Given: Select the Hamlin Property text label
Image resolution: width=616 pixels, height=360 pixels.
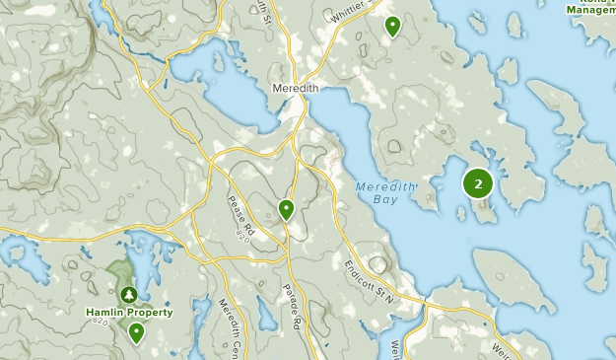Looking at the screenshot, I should tap(129, 313).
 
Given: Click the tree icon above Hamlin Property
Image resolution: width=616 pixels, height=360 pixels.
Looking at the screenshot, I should tap(129, 294).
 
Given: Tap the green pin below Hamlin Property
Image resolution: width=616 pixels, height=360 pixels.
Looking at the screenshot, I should tap(136, 332).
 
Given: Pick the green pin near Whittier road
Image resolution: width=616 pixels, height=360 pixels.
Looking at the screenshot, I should tap(392, 26).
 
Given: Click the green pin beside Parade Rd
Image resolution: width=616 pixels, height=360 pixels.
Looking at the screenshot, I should tap(286, 208).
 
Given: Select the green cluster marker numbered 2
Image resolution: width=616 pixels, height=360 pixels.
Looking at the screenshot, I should tap(478, 182).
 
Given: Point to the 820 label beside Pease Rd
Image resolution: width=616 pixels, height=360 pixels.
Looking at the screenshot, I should tap(243, 232).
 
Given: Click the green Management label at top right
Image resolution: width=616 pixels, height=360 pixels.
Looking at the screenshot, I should tap(590, 10).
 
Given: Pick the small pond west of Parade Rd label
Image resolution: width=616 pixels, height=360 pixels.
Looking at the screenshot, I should tap(264, 314).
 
